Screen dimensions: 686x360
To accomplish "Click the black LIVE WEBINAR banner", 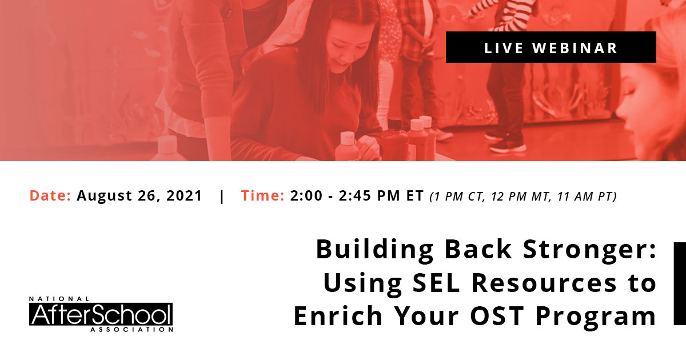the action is click(x=551, y=47).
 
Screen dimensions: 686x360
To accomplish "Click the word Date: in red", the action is click(x=50, y=195).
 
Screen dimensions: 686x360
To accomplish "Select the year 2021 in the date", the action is click(x=184, y=195).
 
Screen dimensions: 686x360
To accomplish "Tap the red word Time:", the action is click(x=263, y=195).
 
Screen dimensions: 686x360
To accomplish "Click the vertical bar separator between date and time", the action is click(x=222, y=196).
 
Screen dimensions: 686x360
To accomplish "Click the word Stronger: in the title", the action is click(x=589, y=250).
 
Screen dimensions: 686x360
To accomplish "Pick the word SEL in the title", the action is click(x=436, y=282).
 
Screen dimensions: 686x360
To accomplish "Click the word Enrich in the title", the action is click(x=338, y=315).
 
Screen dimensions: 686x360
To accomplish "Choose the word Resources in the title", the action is click(x=544, y=282).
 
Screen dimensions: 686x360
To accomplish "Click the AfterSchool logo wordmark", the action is click(x=101, y=314).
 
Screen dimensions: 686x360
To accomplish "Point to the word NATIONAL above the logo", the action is click(x=59, y=299).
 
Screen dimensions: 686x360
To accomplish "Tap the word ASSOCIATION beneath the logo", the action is click(x=131, y=329).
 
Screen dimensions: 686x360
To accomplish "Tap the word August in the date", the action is click(x=104, y=196).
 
